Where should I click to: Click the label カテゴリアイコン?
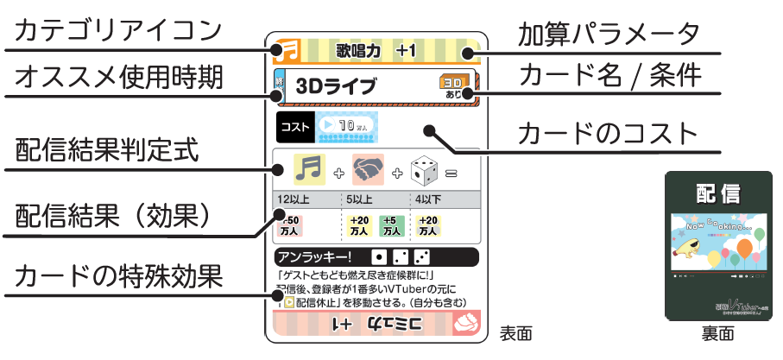click(117, 31)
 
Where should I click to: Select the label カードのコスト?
click(605, 135)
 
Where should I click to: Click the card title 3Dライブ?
click(336, 86)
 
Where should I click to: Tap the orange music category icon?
click(286, 51)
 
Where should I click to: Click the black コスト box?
click(295, 126)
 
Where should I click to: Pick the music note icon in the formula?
click(310, 169)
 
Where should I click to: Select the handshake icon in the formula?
click(369, 169)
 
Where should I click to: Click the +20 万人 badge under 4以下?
click(429, 226)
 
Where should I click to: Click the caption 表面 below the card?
click(515, 332)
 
